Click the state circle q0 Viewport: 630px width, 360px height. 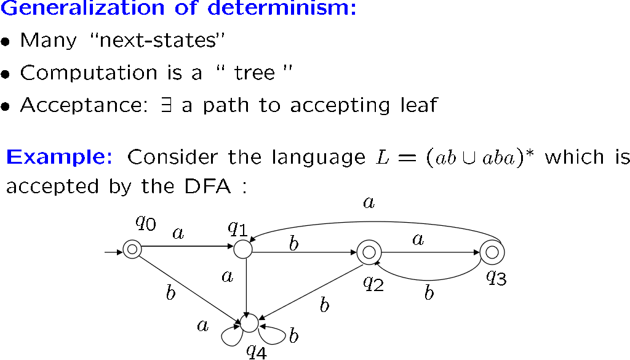[x=132, y=249]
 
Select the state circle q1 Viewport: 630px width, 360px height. [x=243, y=249]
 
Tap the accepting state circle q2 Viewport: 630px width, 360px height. [x=367, y=252]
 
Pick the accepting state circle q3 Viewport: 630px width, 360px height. [x=492, y=252]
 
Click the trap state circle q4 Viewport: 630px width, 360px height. [x=249, y=322]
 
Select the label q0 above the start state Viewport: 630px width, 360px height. [x=145, y=222]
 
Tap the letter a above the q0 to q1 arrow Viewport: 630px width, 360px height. [x=179, y=234]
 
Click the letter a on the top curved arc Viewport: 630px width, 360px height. [x=369, y=202]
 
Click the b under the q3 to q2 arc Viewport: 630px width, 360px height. [x=429, y=293]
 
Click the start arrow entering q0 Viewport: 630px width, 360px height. [x=114, y=252]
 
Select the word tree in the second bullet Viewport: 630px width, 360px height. [x=255, y=73]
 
